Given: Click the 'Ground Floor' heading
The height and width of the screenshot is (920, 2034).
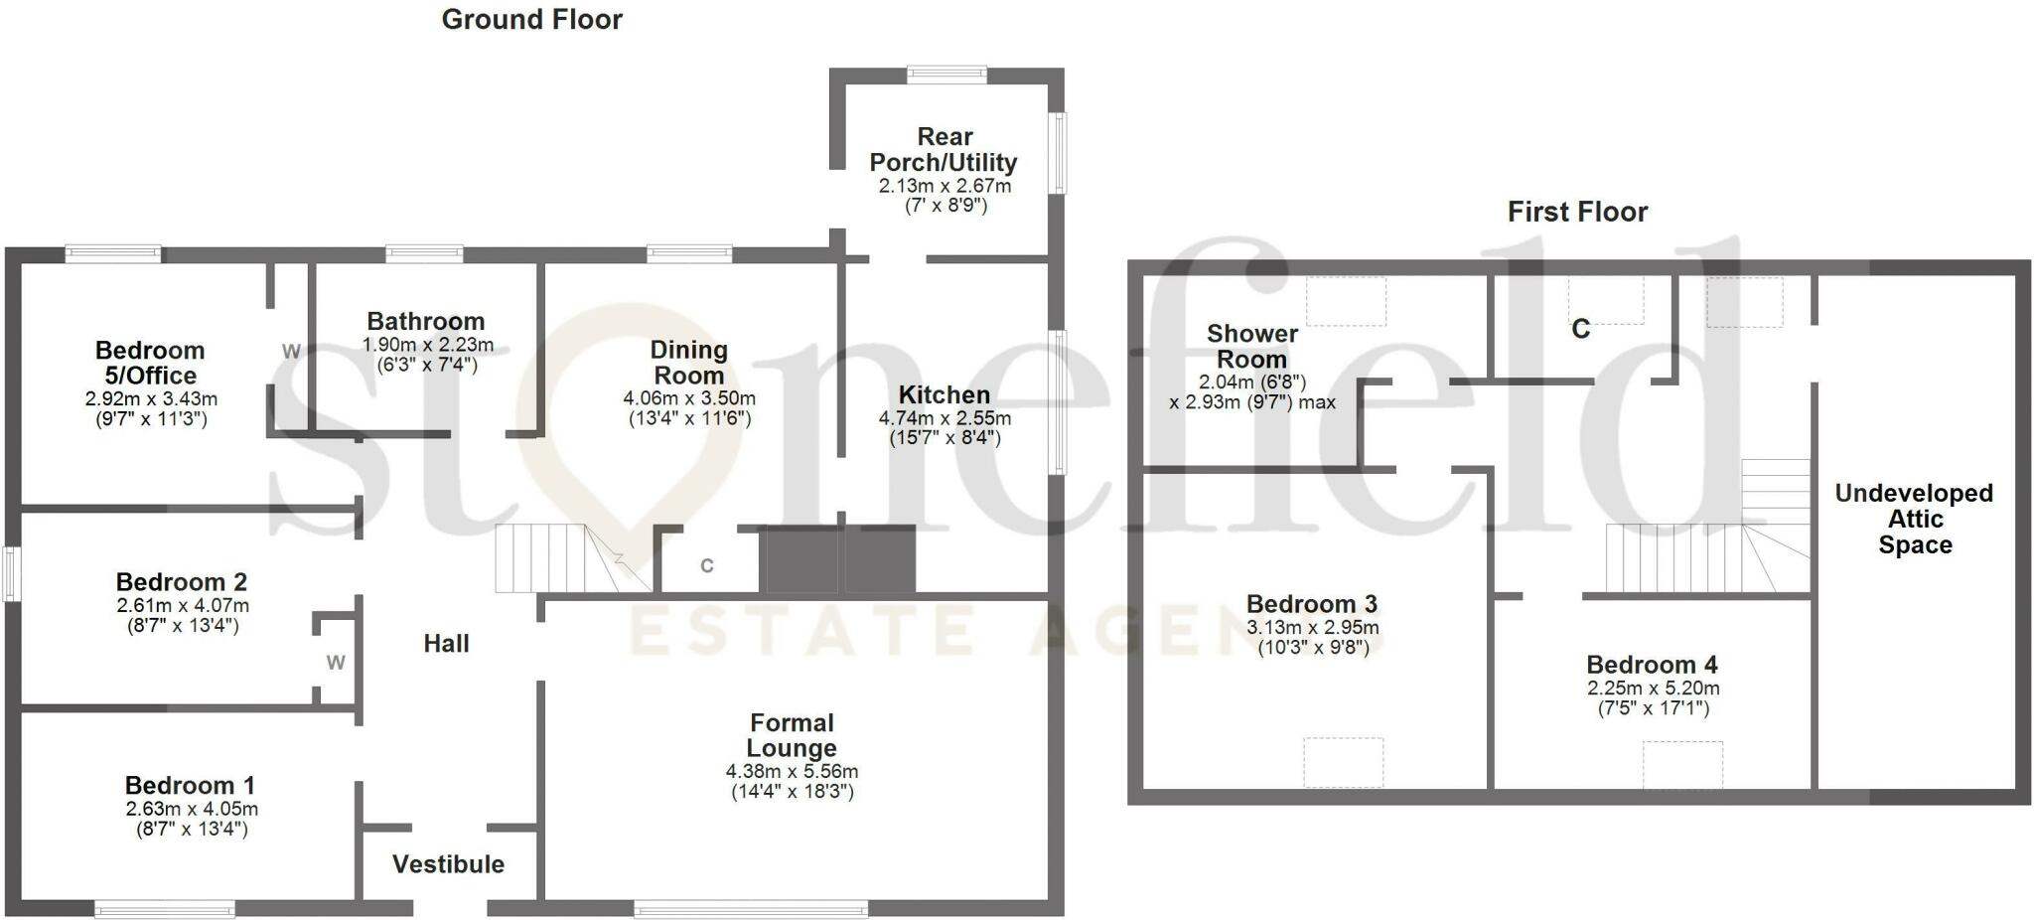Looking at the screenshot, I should [x=531, y=20].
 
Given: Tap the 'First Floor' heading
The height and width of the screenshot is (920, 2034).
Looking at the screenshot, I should [x=1577, y=212].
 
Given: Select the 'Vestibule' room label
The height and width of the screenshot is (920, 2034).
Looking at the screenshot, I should [x=448, y=864].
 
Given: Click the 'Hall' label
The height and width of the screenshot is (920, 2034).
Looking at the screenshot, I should [x=446, y=644].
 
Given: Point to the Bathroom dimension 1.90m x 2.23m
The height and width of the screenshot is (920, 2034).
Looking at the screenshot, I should [x=427, y=346].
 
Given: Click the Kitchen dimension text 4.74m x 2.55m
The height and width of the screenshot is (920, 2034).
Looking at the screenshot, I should [x=944, y=418].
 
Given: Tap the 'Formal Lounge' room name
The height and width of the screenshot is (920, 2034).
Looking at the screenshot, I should [x=792, y=735].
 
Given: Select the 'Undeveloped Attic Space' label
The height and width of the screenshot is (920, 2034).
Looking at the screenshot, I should [x=1914, y=519].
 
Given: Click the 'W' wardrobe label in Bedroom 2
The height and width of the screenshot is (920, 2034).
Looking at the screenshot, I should [x=336, y=663].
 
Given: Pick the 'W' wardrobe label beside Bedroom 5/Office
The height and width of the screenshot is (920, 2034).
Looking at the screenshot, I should [x=290, y=352].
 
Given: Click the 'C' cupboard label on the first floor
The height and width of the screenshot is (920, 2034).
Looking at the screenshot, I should [x=1580, y=329].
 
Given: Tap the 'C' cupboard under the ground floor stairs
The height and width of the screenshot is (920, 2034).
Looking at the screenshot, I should [x=706, y=566].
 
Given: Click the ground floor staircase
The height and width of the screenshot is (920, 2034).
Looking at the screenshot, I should [x=556, y=558].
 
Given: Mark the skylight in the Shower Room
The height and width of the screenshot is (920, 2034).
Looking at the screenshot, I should [x=1346, y=302].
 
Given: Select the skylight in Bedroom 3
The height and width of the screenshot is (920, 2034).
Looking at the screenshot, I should [x=1343, y=762].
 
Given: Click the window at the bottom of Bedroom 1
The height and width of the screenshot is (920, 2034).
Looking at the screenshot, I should [x=165, y=908].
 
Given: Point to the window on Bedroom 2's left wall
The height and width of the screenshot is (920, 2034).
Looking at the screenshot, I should [x=11, y=573].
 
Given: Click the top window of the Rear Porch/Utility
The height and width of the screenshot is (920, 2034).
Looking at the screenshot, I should [x=946, y=74].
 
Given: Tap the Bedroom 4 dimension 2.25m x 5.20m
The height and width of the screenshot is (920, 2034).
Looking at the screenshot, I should [x=1653, y=689].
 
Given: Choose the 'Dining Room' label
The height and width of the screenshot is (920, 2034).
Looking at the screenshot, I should [x=688, y=363].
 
